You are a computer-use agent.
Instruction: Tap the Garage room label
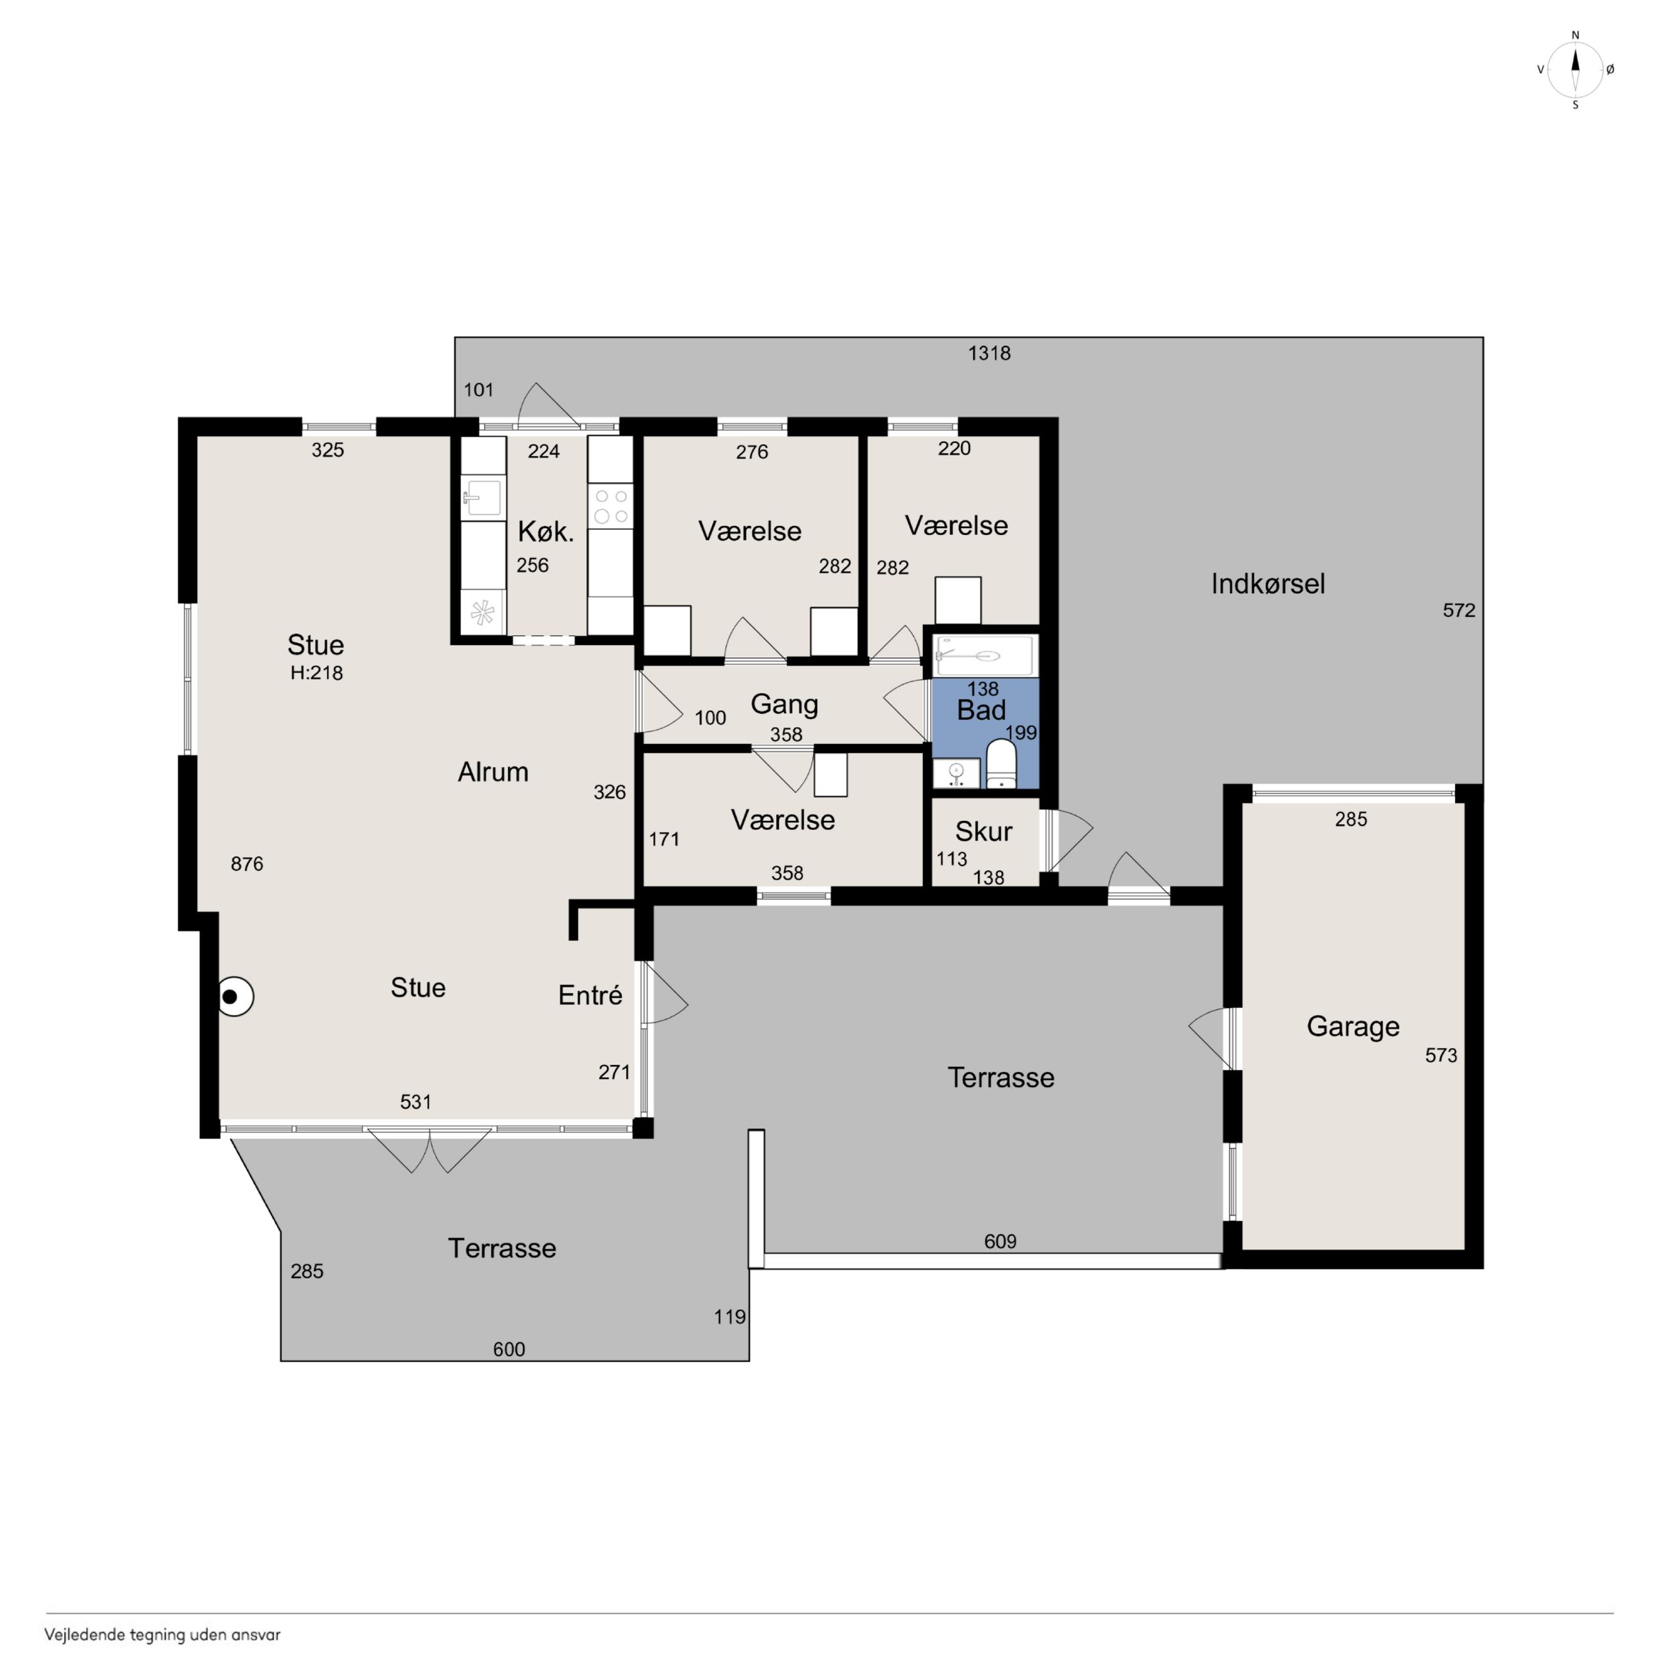click(x=1353, y=1026)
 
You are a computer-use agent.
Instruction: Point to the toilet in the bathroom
click(x=1001, y=764)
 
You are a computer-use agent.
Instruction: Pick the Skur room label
click(x=983, y=832)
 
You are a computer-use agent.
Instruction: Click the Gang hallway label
click(x=784, y=704)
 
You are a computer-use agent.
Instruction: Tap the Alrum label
click(x=493, y=772)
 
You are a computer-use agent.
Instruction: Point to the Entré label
click(x=590, y=995)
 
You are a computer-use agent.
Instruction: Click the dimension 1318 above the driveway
click(x=990, y=353)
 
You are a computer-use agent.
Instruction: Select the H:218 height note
click(x=316, y=674)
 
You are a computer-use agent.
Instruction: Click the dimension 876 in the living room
click(x=247, y=864)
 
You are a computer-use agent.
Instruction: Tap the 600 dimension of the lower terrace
click(x=509, y=1349)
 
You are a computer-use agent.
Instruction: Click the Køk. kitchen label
click(x=545, y=532)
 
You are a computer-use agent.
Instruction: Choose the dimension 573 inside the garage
click(x=1441, y=1055)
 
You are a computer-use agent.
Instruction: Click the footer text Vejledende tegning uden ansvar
click(x=162, y=1635)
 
